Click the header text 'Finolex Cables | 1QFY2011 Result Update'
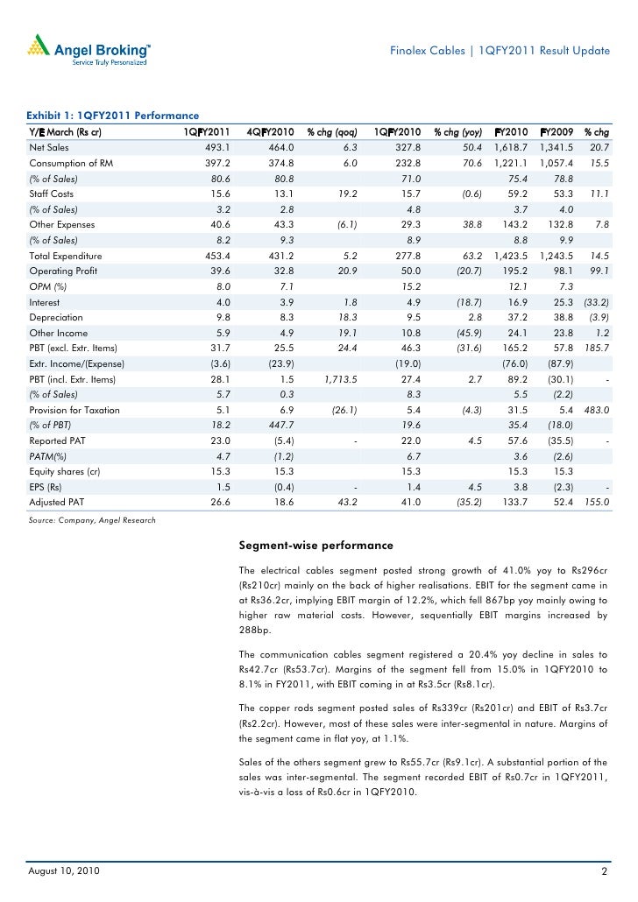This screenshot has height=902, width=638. (x=500, y=51)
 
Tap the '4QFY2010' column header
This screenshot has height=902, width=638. (x=270, y=132)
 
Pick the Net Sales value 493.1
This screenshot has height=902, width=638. (x=216, y=148)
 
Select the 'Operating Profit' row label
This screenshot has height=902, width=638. (x=64, y=271)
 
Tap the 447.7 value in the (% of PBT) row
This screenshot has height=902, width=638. (x=280, y=425)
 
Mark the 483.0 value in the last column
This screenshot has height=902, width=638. (x=596, y=410)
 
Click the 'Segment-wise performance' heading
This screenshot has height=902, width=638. (x=315, y=546)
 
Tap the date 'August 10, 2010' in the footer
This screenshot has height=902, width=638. (x=63, y=872)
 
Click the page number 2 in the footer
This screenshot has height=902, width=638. (x=605, y=873)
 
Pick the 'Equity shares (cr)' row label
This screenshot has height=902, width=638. (x=65, y=471)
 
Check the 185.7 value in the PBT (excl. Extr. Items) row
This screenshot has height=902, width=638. (x=596, y=348)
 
